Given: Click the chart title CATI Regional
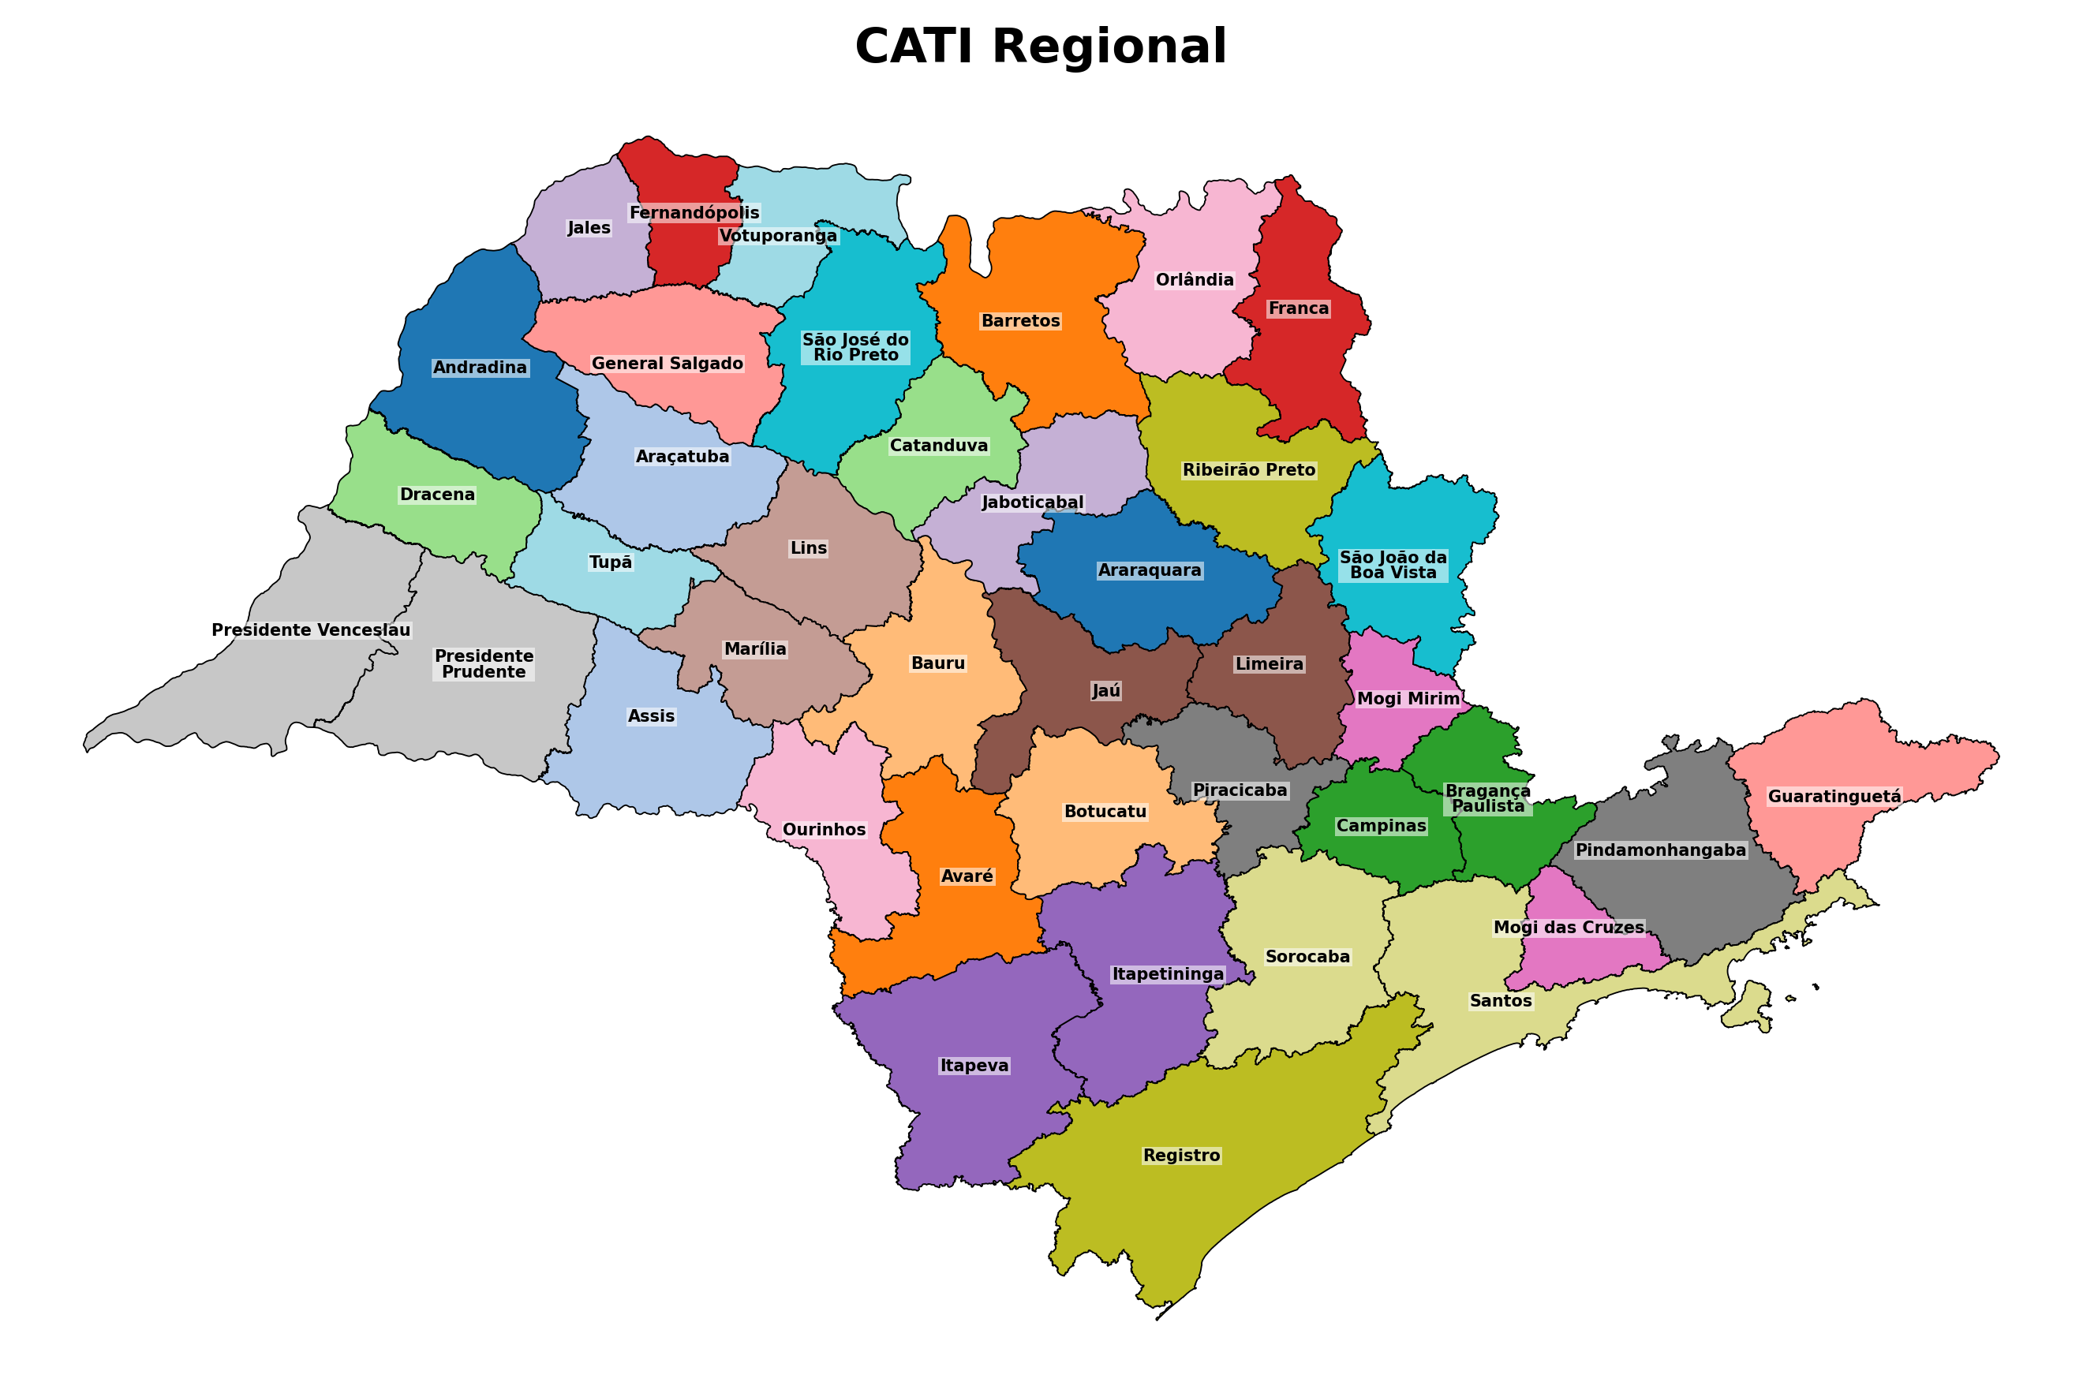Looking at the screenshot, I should [x=1040, y=46].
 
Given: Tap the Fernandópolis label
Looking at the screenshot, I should [x=694, y=212].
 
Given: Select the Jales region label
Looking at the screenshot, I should [x=589, y=227].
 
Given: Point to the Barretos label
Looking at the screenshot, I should [x=1021, y=321].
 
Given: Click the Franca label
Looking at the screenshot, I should [x=1299, y=308].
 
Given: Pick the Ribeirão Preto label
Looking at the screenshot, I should [x=1249, y=470].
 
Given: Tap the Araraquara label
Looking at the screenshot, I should [x=1150, y=570].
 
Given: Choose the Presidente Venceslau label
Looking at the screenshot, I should [x=311, y=630].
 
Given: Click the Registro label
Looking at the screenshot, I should [x=1181, y=1156].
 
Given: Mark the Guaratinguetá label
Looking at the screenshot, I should [x=1834, y=797].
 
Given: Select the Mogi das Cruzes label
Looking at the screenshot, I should [x=1569, y=927].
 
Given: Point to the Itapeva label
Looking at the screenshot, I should [x=974, y=1066].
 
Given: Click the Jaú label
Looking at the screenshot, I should [x=1106, y=691].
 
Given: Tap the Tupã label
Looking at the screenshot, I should [x=610, y=562].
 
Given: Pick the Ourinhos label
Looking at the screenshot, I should [x=825, y=829].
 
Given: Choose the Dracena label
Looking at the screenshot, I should [x=437, y=495].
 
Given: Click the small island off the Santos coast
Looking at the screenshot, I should [x=1750, y=1008].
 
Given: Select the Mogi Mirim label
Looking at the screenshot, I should [x=1408, y=699].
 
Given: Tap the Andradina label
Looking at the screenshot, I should [x=480, y=368].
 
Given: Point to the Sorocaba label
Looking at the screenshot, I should [x=1307, y=956].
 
